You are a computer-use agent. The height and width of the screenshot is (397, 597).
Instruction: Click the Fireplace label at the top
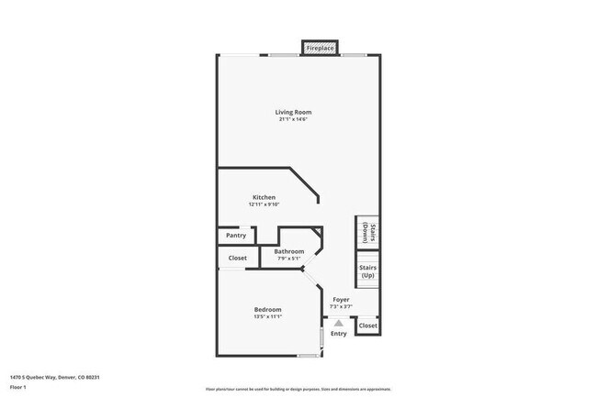pyautogui.click(x=320, y=47)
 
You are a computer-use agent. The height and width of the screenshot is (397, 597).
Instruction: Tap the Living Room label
pyautogui.click(x=294, y=112)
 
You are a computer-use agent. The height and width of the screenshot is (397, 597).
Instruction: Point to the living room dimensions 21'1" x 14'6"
pyautogui.click(x=294, y=119)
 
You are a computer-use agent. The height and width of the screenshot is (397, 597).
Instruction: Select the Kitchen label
pyautogui.click(x=265, y=197)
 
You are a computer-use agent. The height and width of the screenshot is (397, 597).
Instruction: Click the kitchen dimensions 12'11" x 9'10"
pyautogui.click(x=264, y=204)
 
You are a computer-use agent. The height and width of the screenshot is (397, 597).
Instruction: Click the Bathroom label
pyautogui.click(x=288, y=251)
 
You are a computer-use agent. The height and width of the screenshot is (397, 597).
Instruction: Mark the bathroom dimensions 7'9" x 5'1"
pyautogui.click(x=288, y=259)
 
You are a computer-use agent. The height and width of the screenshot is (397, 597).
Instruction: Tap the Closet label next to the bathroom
pyautogui.click(x=238, y=259)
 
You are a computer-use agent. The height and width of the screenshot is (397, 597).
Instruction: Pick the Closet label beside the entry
pyautogui.click(x=367, y=325)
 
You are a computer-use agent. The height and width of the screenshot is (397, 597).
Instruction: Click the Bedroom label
pyautogui.click(x=267, y=309)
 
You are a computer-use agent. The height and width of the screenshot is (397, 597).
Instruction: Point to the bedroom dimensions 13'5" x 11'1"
pyautogui.click(x=267, y=316)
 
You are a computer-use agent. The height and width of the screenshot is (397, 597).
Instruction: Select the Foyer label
pyautogui.click(x=341, y=299)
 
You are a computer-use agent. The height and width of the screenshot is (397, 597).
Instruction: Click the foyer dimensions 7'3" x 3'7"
pyautogui.click(x=341, y=306)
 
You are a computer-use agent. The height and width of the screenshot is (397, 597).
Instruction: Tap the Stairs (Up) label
pyautogui.click(x=367, y=272)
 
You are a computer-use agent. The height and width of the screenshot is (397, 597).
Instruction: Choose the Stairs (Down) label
pyautogui.click(x=366, y=233)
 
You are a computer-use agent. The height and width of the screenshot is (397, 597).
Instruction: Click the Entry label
pyautogui.click(x=339, y=334)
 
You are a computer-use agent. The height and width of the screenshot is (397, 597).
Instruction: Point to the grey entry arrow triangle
pyautogui.click(x=339, y=323)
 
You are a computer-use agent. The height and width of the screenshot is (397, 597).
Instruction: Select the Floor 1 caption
pyautogui.click(x=18, y=388)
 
